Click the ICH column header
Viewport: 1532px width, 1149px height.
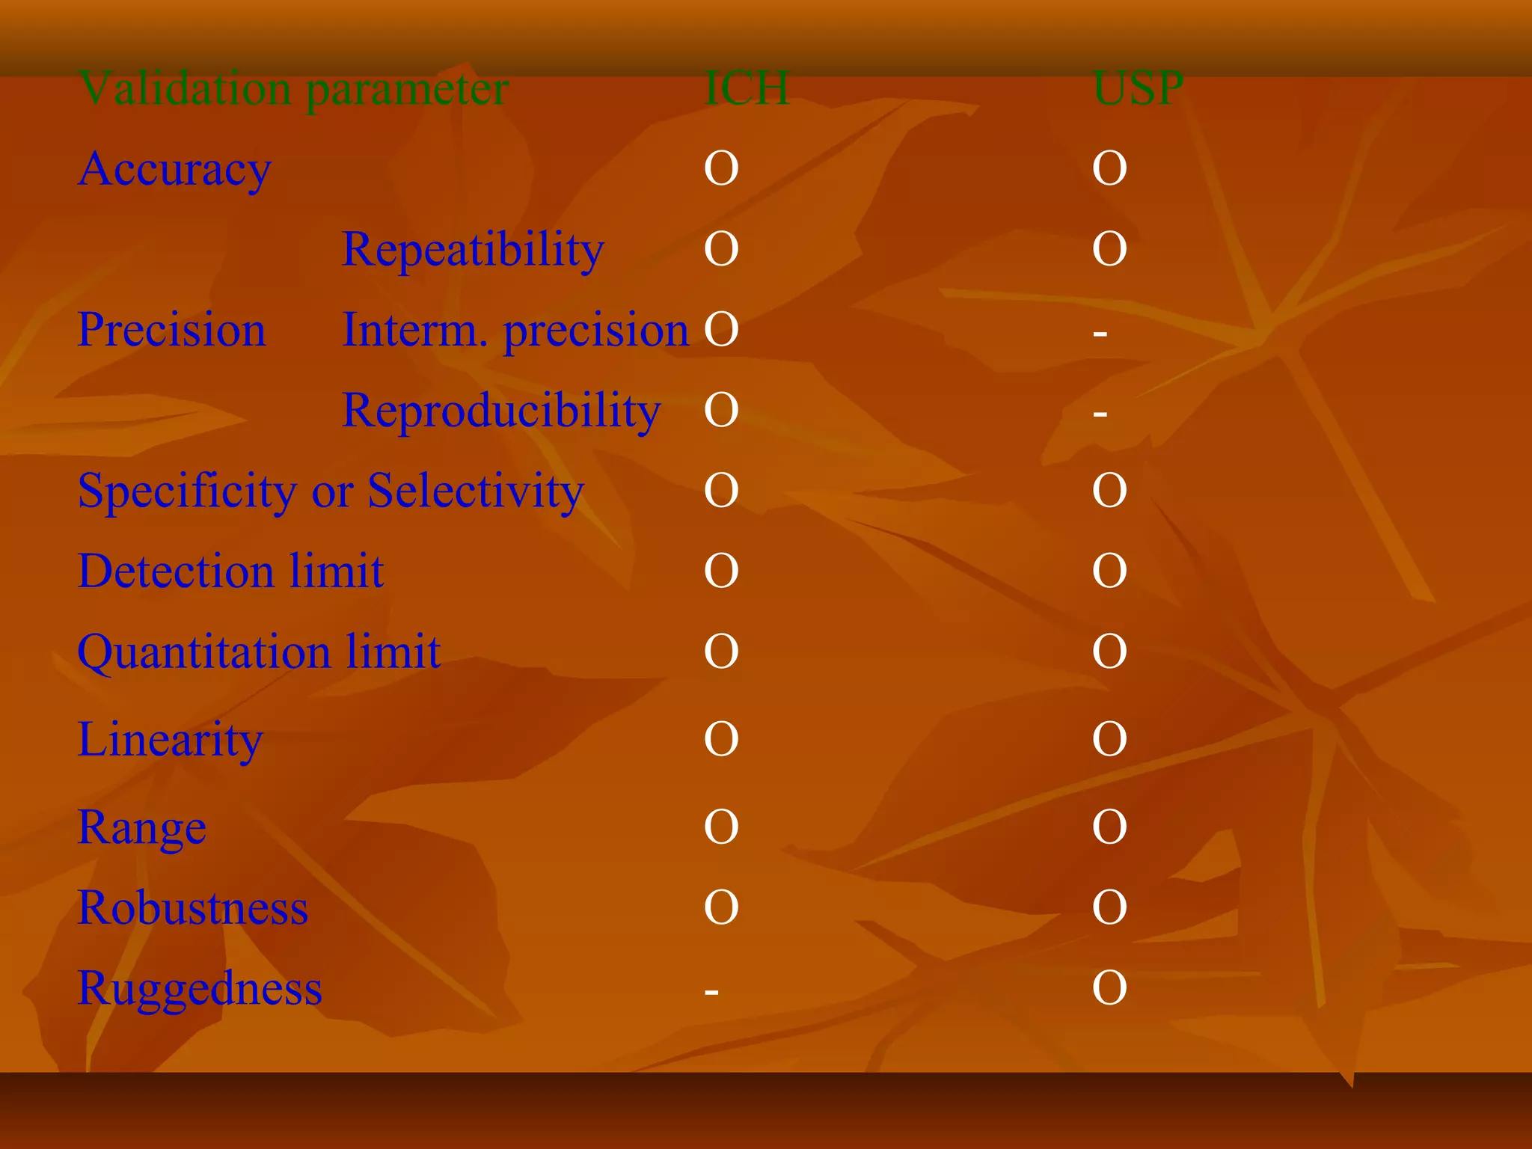pyautogui.click(x=747, y=88)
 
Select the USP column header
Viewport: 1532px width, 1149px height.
pyautogui.click(x=1138, y=88)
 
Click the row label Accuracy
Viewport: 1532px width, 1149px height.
pyautogui.click(x=174, y=169)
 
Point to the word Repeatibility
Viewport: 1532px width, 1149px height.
pyautogui.click(x=473, y=249)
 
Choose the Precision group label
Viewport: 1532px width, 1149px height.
pyautogui.click(x=171, y=330)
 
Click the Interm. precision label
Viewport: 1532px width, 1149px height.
pyautogui.click(x=515, y=330)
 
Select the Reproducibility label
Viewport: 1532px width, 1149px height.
pyautogui.click(x=501, y=411)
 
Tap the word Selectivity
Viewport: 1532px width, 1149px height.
pyautogui.click(x=476, y=491)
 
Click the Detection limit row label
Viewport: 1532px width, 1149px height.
pyautogui.click(x=230, y=572)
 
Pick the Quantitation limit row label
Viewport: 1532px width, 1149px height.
pyautogui.click(x=259, y=652)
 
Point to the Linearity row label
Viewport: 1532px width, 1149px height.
pyautogui.click(x=171, y=740)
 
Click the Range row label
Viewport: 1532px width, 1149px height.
pyautogui.click(x=142, y=828)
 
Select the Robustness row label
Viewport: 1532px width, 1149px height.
pyautogui.click(x=193, y=908)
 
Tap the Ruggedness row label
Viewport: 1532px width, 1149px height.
pyautogui.click(x=200, y=989)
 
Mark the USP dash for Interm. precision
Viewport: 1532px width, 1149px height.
pyautogui.click(x=1100, y=333)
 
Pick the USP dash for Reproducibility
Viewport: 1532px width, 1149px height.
pyautogui.click(x=1100, y=413)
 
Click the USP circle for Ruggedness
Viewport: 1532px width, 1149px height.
pyautogui.click(x=1109, y=988)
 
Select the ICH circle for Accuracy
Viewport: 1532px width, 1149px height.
pyautogui.click(x=721, y=168)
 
